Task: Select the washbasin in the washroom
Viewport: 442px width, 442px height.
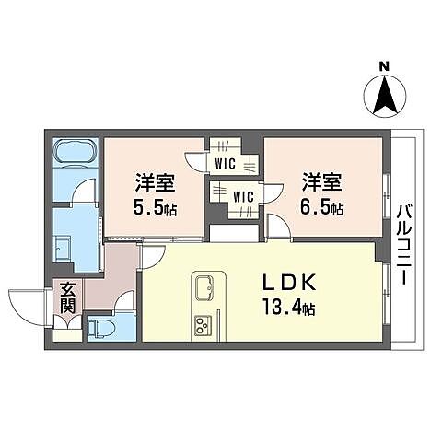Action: [x=64, y=246]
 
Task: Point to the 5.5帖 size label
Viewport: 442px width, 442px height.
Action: [x=153, y=207]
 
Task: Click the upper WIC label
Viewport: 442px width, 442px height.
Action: [x=224, y=165]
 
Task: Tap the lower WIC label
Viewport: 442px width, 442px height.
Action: [x=242, y=196]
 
